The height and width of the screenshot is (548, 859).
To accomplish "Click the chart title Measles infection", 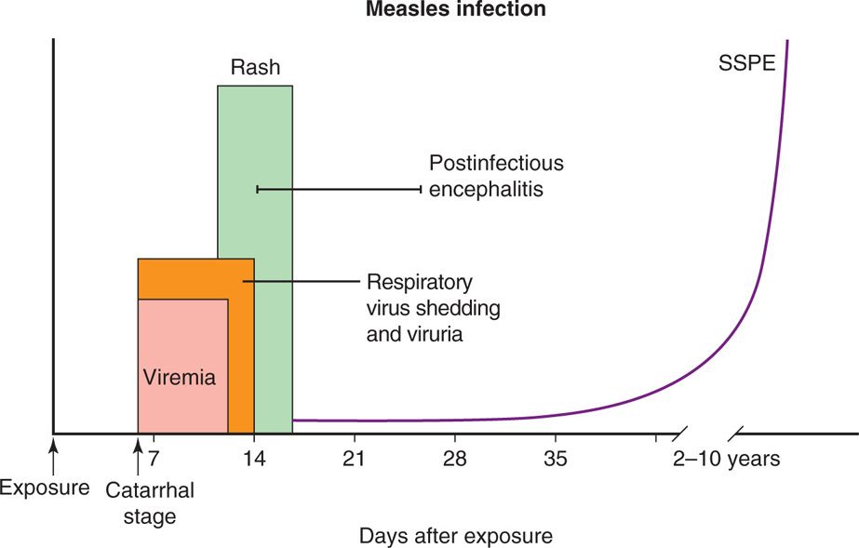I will (x=455, y=10).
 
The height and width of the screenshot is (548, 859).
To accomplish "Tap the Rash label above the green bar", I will (x=255, y=68).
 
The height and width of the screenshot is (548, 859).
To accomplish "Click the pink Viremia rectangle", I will (x=182, y=344).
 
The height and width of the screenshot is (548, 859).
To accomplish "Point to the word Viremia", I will (x=180, y=379).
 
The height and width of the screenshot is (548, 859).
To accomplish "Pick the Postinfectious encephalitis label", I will (x=496, y=177).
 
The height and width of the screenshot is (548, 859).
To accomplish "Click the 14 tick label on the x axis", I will (x=254, y=459).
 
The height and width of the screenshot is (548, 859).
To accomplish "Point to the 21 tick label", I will (x=355, y=459).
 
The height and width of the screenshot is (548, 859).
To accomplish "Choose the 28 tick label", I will (x=455, y=459).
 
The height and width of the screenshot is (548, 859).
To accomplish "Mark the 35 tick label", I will (x=555, y=459).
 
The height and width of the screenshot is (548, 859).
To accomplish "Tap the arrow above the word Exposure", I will (x=53, y=454).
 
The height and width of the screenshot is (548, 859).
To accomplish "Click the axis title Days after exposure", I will (x=455, y=536).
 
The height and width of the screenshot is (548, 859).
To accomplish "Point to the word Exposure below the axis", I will (x=45, y=487).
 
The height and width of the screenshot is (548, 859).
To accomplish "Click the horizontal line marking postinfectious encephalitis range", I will (x=339, y=189).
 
